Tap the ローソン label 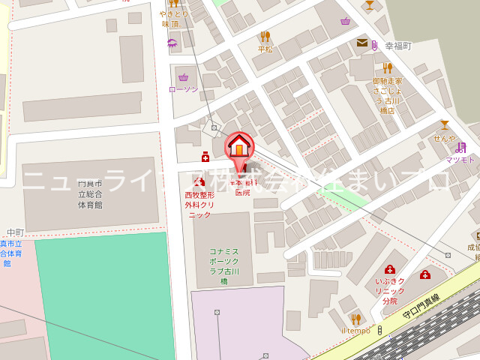(184, 89)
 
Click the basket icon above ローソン (184, 76)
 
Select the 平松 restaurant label (265, 49)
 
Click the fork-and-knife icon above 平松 (265, 37)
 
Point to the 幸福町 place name (398, 46)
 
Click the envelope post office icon (362, 43)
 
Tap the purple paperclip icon (373, 44)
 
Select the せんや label (444, 138)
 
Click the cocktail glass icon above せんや (444, 125)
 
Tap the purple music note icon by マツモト (460, 148)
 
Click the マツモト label (460, 160)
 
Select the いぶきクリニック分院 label (390, 291)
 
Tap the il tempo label (355, 331)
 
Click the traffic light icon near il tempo (379, 330)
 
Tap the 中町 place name (15, 232)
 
